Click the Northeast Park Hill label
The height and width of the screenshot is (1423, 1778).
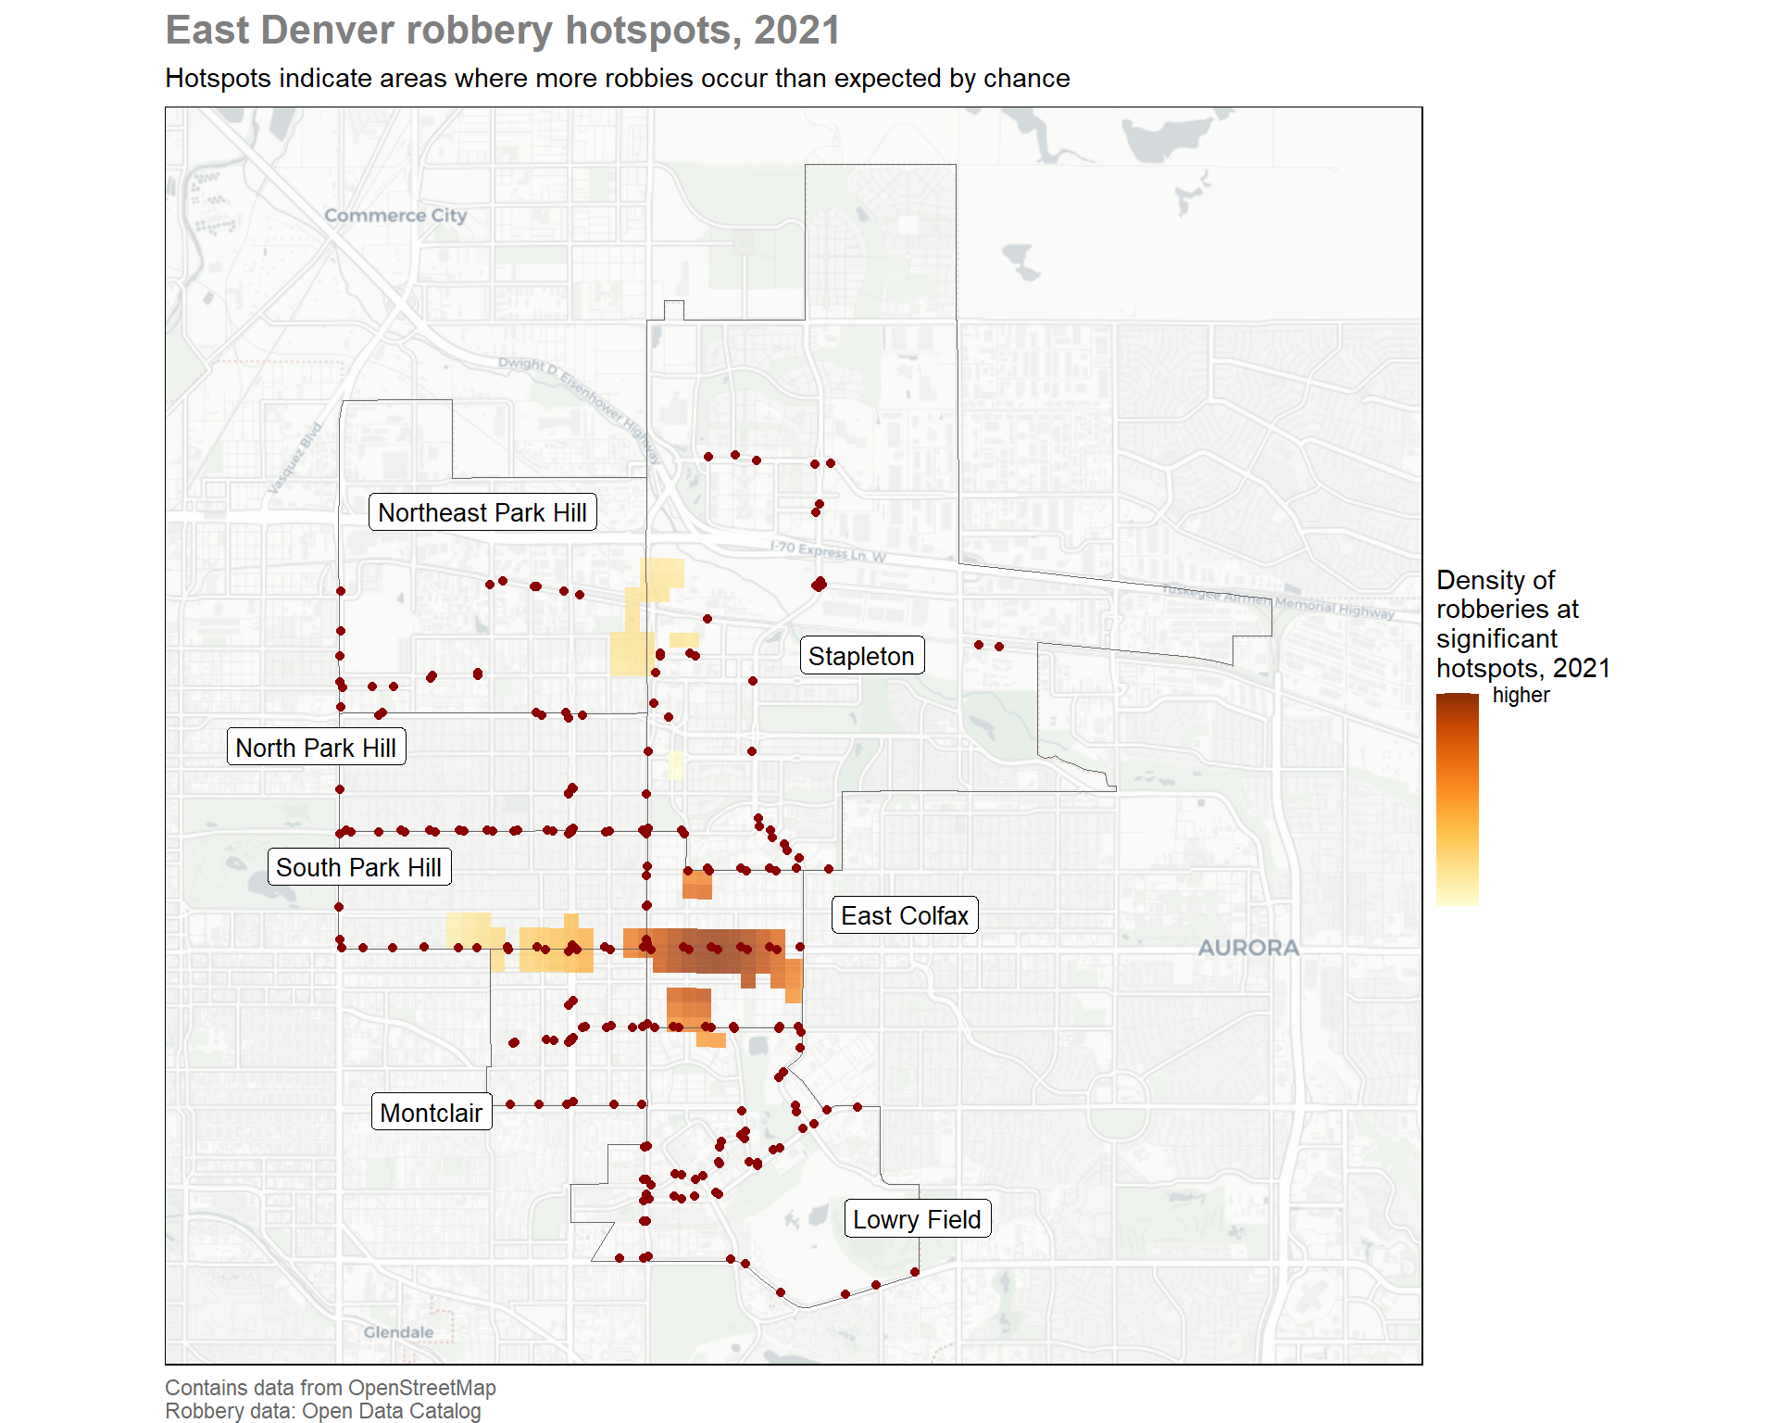pos(482,512)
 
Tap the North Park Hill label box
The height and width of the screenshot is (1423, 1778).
pos(316,748)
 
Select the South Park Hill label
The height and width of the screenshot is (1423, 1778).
pos(359,867)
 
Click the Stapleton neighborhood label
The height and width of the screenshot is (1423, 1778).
pos(861,656)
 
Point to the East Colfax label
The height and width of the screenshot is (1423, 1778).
pos(905,915)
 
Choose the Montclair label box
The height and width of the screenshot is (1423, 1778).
pos(432,1113)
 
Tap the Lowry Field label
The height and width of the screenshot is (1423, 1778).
pos(917,1219)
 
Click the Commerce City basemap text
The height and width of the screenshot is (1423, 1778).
pos(395,215)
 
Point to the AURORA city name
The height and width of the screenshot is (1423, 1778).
pos(1248,948)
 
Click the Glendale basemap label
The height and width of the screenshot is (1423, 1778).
pos(398,1332)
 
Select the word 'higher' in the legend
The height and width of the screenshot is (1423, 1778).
pos(1521,695)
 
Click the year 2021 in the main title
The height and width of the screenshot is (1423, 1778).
pos(796,30)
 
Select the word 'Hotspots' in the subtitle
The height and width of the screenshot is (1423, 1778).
pos(219,79)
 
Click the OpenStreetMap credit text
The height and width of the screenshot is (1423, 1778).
pos(422,1388)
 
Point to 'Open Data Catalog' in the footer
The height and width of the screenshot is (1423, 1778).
pos(392,1411)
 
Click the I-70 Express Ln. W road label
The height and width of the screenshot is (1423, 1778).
pos(828,552)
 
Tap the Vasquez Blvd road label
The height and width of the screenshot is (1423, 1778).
pos(294,459)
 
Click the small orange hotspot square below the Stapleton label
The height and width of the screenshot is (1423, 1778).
pos(697,884)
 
